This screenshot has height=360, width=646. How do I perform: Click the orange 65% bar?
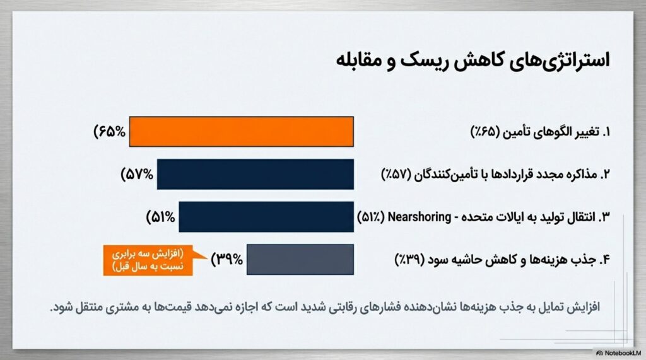[x=242, y=131]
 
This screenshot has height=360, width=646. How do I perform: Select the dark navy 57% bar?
[x=255, y=174]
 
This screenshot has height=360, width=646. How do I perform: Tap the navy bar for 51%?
[x=266, y=217]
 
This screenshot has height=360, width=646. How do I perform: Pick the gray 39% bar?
[x=300, y=260]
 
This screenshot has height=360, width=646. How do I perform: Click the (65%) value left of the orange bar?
[x=110, y=132]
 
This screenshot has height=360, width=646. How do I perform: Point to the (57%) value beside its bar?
[x=137, y=175]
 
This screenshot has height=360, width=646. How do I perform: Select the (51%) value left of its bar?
[x=161, y=217]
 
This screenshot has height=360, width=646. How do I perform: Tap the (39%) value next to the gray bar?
[x=226, y=260]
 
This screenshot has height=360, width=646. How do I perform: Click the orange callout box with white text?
[x=148, y=260]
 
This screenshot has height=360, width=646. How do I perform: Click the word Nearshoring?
[x=420, y=217]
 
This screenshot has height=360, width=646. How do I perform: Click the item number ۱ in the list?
[x=606, y=132]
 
